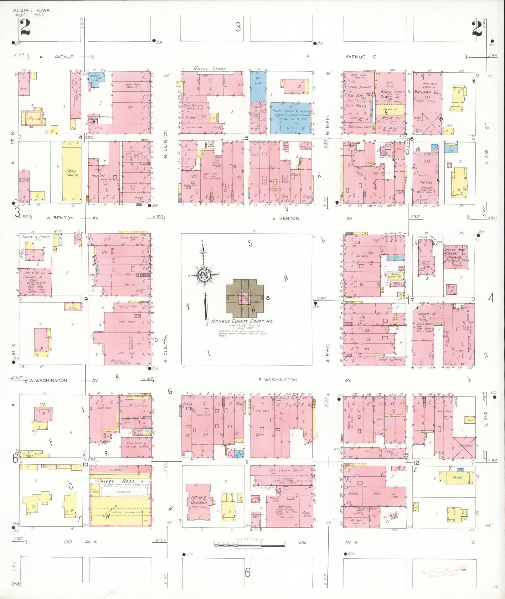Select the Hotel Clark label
click(209, 69)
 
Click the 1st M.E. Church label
click(199, 500)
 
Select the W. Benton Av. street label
click(60, 218)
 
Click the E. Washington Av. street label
click(278, 380)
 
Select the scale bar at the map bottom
click(249, 545)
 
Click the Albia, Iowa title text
click(31, 10)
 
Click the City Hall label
click(355, 106)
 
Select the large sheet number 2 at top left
click(25, 28)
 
